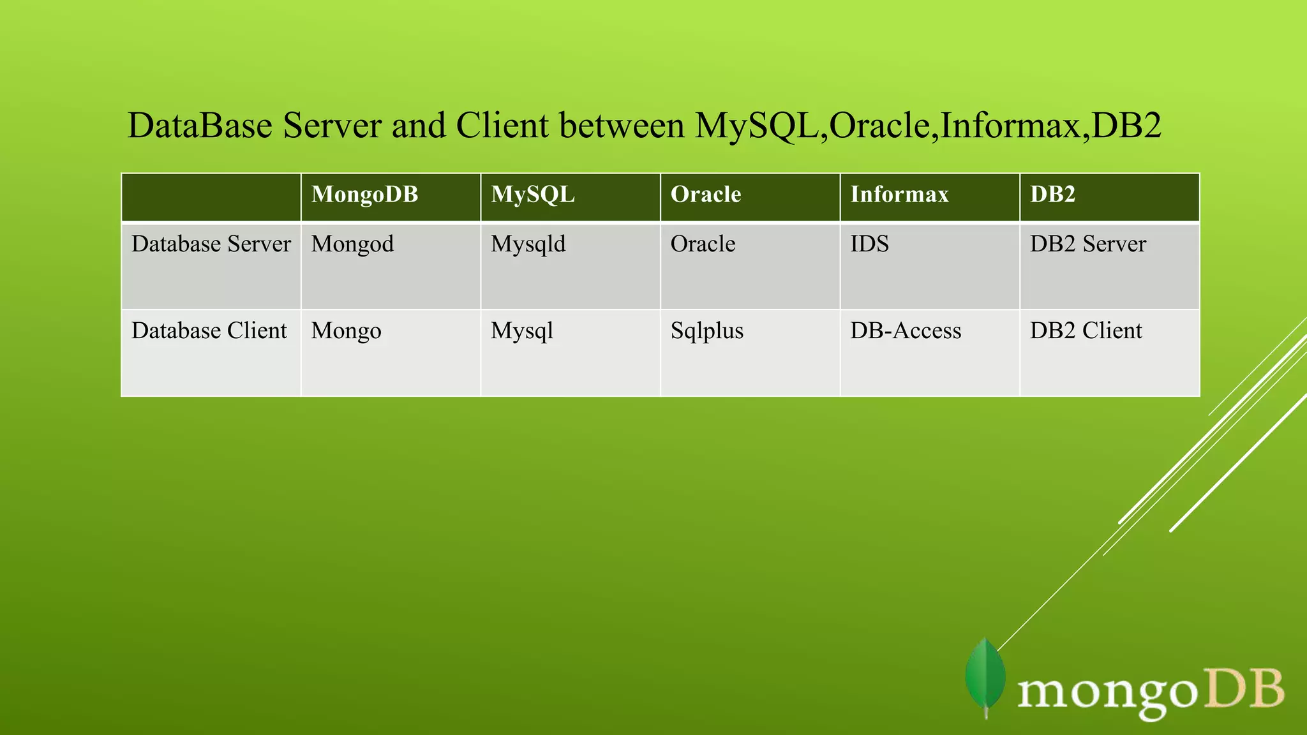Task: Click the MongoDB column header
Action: [x=364, y=194]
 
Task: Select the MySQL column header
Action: [x=532, y=194]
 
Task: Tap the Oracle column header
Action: [x=705, y=194]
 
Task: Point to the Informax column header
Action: [x=899, y=194]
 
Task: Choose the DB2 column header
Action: [x=1052, y=194]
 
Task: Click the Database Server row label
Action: [x=211, y=244]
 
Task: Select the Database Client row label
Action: [x=209, y=331]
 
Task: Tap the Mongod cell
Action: [x=352, y=244]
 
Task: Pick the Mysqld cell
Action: [x=528, y=244]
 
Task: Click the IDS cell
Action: [x=869, y=244]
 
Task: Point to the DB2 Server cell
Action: [x=1087, y=244]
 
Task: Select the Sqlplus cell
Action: [x=706, y=331]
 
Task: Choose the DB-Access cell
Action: [x=905, y=331]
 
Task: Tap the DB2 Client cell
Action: [x=1086, y=331]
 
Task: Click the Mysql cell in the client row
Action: [x=521, y=331]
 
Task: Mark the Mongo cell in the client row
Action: [x=346, y=331]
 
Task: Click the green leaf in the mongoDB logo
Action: [x=985, y=678]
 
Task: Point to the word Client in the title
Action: [x=502, y=126]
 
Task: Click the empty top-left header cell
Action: [x=211, y=197]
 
